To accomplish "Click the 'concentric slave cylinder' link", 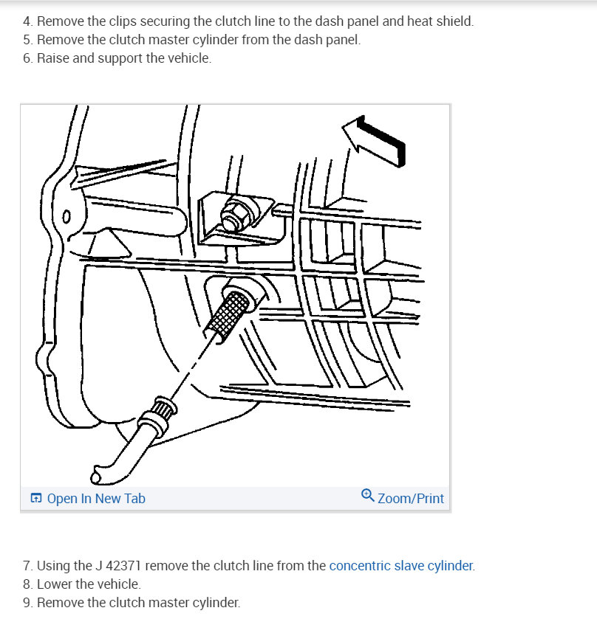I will click(x=400, y=566).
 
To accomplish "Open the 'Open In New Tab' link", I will click(x=96, y=499).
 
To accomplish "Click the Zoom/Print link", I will click(x=411, y=499).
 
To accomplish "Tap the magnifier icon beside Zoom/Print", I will click(x=368, y=497).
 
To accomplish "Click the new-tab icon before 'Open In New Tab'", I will click(x=36, y=499).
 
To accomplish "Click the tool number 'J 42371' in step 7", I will click(x=120, y=566).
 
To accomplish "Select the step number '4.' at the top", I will click(x=27, y=21).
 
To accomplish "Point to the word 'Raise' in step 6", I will click(x=52, y=58).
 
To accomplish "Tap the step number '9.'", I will click(x=27, y=602).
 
